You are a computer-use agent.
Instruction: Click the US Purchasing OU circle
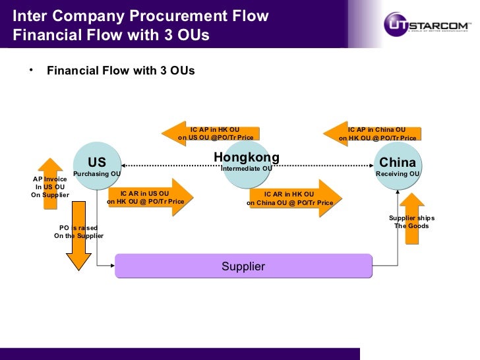point(97,165)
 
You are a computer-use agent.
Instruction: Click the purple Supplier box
point(243,266)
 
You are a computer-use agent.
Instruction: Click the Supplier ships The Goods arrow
point(412,218)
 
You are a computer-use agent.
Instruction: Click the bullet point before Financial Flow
point(30,69)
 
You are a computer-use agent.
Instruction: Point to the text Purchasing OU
point(96,174)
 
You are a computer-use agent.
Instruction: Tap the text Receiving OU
point(398,174)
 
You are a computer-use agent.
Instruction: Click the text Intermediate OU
point(246,169)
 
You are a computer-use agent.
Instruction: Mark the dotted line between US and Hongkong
point(171,165)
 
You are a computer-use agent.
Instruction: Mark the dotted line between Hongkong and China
point(323,165)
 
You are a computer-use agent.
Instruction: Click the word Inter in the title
point(29,16)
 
